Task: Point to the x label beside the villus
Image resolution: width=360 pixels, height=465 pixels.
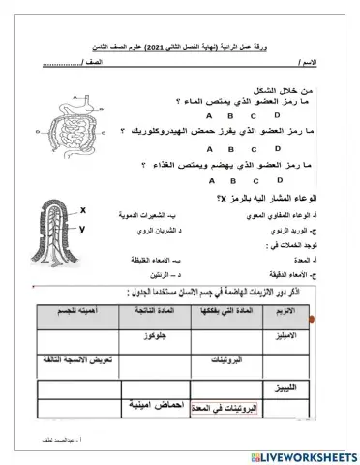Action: [x=82, y=210]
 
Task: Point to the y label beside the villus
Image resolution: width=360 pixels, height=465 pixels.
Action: [x=82, y=230]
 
